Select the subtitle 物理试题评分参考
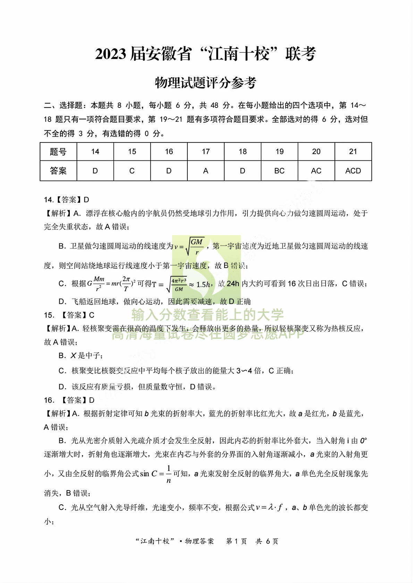(205, 83)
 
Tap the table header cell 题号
(58, 151)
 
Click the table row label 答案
(58, 171)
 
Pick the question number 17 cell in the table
(206, 151)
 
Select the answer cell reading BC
(279, 171)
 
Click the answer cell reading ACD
(353, 171)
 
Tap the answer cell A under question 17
(206, 171)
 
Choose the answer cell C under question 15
(132, 171)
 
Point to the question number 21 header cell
(353, 151)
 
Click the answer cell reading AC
(316, 171)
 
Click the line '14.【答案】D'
(67, 200)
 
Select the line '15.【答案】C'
(69, 315)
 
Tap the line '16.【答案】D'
(69, 400)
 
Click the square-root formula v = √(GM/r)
(189, 246)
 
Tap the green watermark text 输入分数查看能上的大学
(208, 315)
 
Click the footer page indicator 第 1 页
(236, 541)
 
